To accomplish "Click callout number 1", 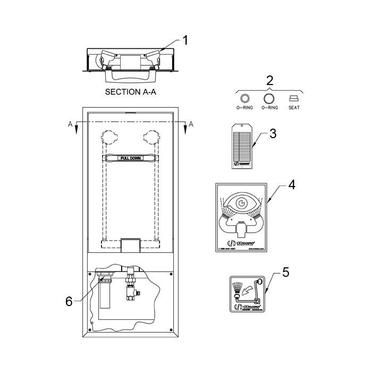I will point(186,39).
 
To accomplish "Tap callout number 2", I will point(269,80).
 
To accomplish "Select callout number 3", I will point(273,133).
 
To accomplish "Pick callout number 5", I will point(285,273).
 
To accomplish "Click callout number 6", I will point(69,301).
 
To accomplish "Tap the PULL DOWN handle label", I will point(131,158).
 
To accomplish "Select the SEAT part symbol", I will point(294,98).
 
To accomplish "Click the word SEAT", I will point(294,108).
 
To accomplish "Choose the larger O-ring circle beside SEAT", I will point(269,98).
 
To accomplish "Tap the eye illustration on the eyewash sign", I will point(241,203).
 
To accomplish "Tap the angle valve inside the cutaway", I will point(129,288).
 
